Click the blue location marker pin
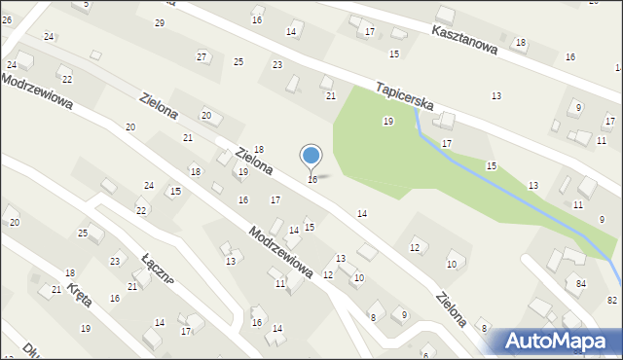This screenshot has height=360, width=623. coord(311,156)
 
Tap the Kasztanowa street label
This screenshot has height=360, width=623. coord(464,38)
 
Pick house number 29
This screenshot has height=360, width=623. coord(159,22)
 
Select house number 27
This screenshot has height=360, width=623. coord(202,56)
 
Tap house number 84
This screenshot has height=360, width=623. coord(580,283)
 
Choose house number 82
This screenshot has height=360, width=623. coord(611,301)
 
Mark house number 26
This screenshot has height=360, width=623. coord(6,19)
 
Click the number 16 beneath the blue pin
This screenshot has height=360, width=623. coord(311,180)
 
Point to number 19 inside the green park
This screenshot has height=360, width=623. coord(387,122)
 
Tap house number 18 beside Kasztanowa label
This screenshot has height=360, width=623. coord(520,43)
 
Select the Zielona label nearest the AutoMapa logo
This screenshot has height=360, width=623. coord(452,306)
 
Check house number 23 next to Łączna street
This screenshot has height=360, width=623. coord(115,261)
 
